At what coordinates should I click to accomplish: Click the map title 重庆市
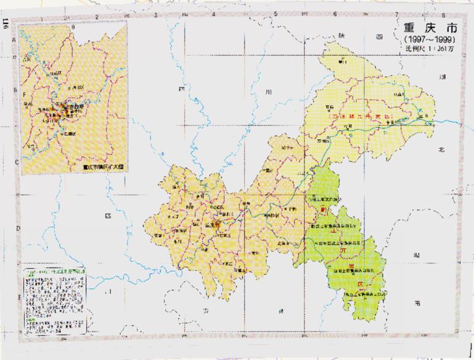click(x=422, y=30)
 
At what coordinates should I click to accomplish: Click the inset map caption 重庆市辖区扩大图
click(x=102, y=165)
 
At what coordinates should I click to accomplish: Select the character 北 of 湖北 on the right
click(x=441, y=149)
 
